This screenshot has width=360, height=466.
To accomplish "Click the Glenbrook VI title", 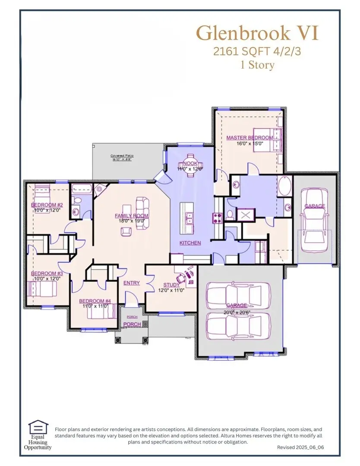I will (x=258, y=33).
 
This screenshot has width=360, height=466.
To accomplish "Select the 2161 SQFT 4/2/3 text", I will (x=257, y=51).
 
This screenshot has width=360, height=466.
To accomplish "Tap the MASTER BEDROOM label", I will (x=249, y=138).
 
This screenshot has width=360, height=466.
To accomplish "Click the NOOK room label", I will (x=190, y=164).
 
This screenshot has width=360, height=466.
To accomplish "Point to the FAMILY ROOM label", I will (x=131, y=216).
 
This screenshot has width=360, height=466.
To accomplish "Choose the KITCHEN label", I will (x=190, y=243).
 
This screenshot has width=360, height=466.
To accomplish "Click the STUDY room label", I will (x=171, y=285).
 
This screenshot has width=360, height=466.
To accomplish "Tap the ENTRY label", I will (x=132, y=283).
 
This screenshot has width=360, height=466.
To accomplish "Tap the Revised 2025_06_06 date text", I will (x=300, y=447).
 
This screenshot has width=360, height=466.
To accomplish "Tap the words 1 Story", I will (x=257, y=65).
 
